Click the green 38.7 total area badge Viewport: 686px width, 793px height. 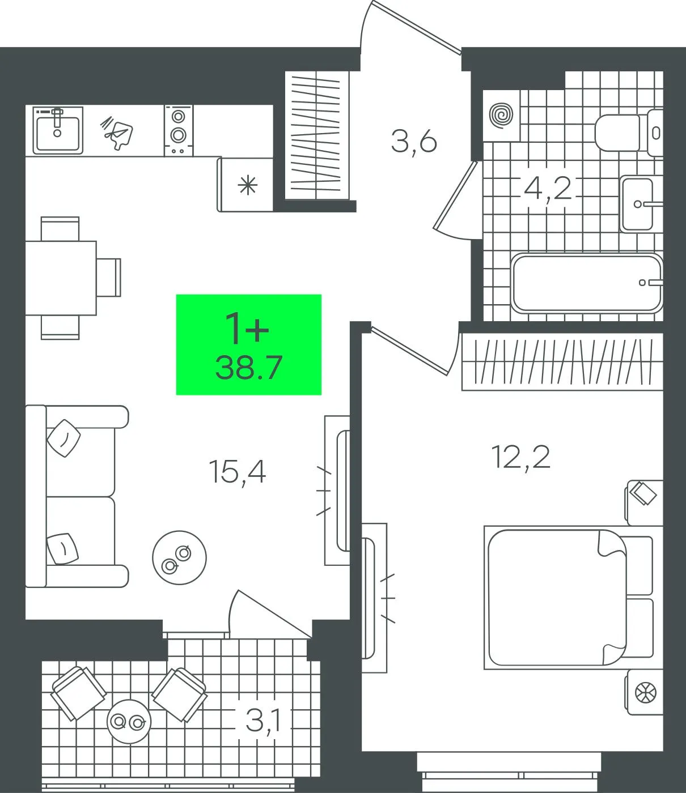point(248,344)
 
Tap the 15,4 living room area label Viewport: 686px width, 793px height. point(238,472)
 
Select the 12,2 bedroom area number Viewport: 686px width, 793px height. point(521,457)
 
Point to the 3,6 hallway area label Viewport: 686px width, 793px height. point(414,142)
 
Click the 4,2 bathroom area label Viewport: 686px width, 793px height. point(548,188)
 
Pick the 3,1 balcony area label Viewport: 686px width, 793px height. point(264,720)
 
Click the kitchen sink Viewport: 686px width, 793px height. point(58,130)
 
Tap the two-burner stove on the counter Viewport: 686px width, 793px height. point(179,130)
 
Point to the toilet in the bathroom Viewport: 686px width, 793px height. point(629,133)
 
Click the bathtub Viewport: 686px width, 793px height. point(587,283)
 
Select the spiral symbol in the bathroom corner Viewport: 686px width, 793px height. point(501,116)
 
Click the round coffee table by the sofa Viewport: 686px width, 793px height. point(179,557)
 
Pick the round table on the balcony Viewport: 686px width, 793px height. point(129,721)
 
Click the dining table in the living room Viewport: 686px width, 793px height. point(61,278)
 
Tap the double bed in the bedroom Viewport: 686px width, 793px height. point(569,598)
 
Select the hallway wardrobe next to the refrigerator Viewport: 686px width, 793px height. point(317,135)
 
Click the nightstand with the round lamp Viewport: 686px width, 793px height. point(644,693)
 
